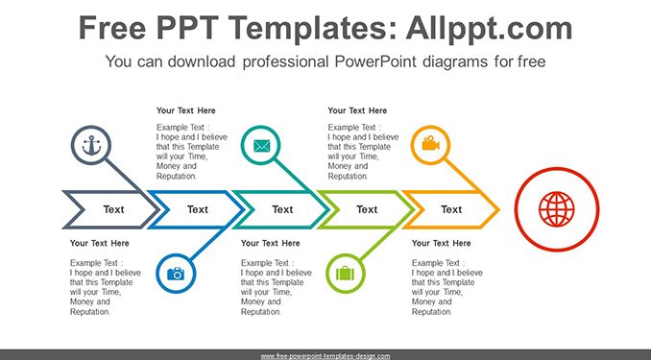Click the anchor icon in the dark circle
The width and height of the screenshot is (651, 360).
click(x=91, y=145)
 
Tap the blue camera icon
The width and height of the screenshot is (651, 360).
click(x=176, y=274)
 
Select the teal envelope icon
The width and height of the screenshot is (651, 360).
click(x=261, y=146)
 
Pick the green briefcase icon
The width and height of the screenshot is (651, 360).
click(x=345, y=274)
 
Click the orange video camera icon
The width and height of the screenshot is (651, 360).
click(x=430, y=143)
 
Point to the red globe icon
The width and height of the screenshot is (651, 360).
click(x=556, y=209)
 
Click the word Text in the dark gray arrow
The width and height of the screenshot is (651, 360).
click(x=113, y=209)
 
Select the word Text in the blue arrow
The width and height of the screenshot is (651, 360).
click(x=198, y=209)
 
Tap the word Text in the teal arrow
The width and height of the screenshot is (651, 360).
click(x=282, y=209)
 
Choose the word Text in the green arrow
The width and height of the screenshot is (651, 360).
click(x=367, y=209)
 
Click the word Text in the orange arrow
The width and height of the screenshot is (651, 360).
click(x=451, y=209)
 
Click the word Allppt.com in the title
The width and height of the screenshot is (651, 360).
click(x=489, y=28)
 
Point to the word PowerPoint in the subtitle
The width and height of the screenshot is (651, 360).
click(x=375, y=61)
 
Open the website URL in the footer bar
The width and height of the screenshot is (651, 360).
click(x=325, y=356)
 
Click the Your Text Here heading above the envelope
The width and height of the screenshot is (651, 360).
click(x=186, y=110)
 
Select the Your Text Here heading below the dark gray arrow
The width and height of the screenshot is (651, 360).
click(x=100, y=243)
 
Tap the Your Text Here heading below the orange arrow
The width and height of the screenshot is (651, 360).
click(x=442, y=243)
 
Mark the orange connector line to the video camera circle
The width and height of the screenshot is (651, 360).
click(x=462, y=176)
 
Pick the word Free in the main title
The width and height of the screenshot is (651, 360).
click(x=112, y=28)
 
